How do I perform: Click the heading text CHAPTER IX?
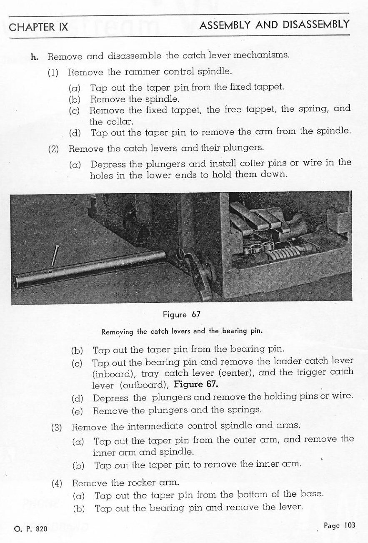pyautogui.click(x=38, y=28)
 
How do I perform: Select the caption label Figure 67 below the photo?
pyautogui.click(x=182, y=315)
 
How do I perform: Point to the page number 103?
pyautogui.click(x=349, y=525)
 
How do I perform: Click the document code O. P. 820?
pyautogui.click(x=30, y=529)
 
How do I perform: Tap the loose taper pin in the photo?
pyautogui.click(x=54, y=256)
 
